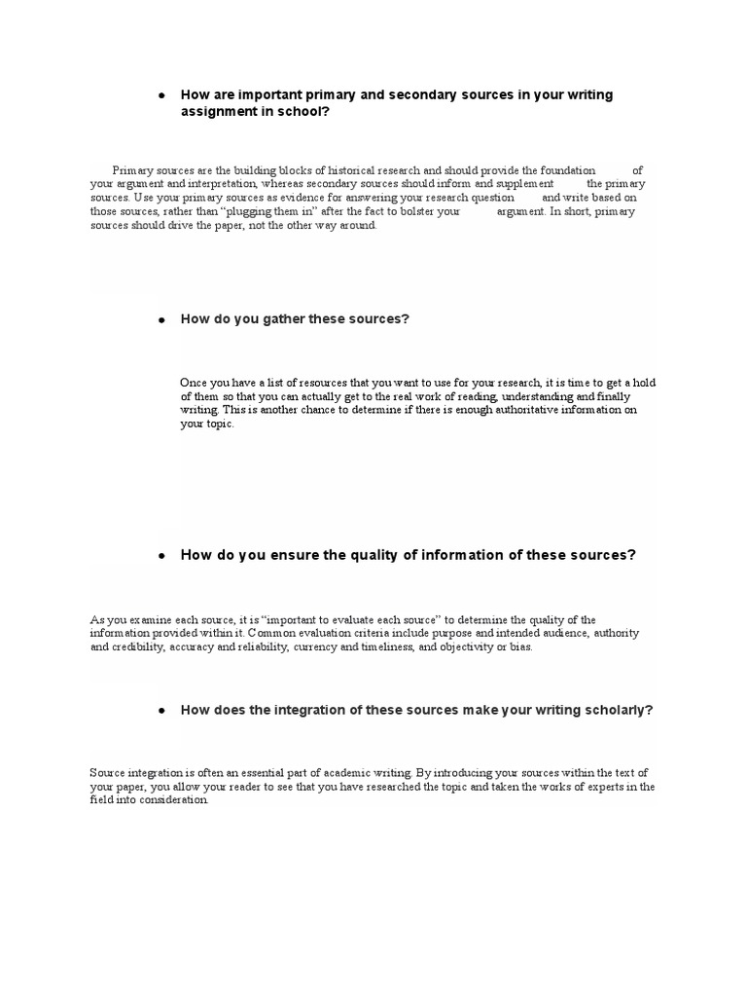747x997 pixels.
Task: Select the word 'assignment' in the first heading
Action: [216, 112]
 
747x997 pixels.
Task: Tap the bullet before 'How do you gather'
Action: [162, 320]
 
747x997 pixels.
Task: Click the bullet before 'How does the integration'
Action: [162, 711]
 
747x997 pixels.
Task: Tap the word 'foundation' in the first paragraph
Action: [560, 169]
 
